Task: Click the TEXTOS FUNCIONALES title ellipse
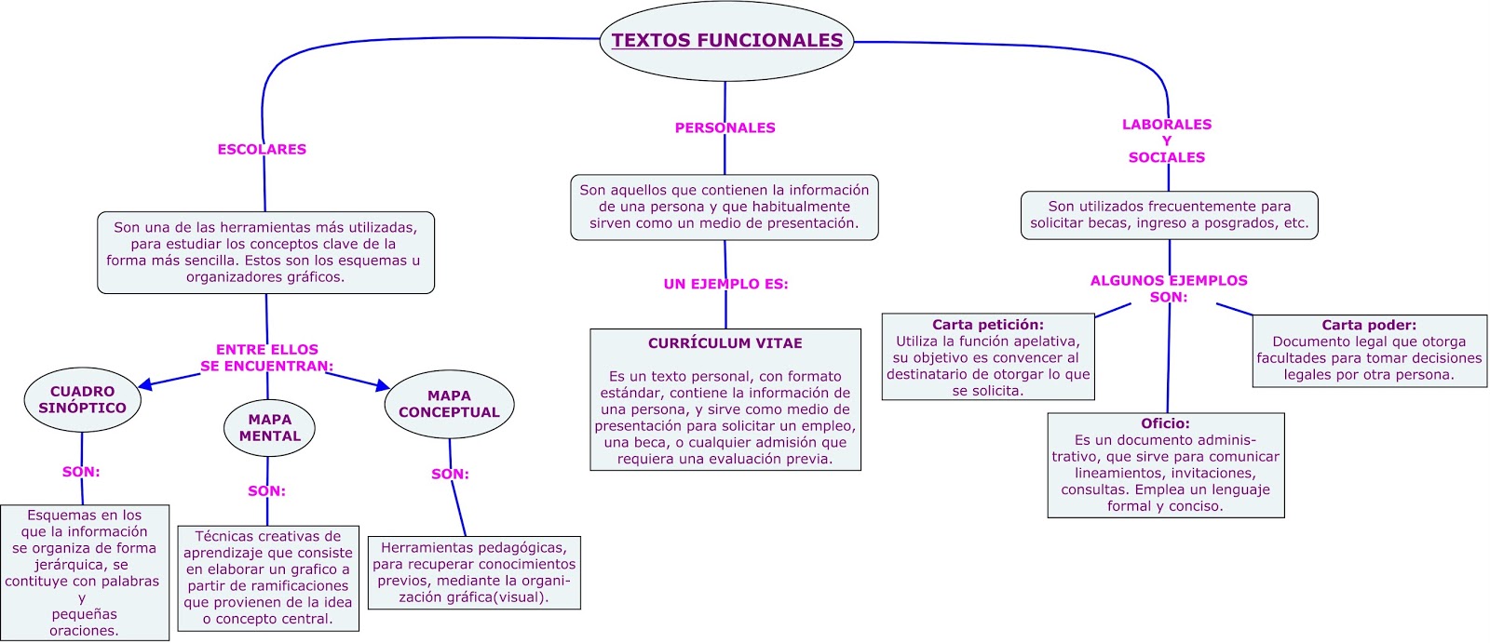click(726, 41)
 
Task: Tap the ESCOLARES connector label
click(262, 149)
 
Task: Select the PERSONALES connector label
click(725, 127)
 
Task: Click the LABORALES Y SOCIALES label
click(1167, 141)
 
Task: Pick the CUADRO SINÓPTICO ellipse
click(82, 400)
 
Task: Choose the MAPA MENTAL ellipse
click(269, 428)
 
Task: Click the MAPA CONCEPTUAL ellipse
click(449, 404)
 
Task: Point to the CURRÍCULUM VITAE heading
click(725, 343)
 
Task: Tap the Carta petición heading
click(987, 325)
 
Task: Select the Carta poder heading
click(1368, 325)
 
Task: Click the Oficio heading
click(1165, 423)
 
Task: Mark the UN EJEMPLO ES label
click(725, 284)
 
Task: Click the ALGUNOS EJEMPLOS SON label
click(1169, 288)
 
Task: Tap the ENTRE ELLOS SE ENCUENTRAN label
click(267, 357)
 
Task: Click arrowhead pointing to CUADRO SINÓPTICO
click(145, 383)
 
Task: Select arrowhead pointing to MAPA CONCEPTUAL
click(383, 384)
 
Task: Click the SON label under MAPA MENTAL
click(266, 490)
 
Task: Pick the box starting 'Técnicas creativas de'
click(268, 578)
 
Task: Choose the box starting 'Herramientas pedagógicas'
click(474, 572)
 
